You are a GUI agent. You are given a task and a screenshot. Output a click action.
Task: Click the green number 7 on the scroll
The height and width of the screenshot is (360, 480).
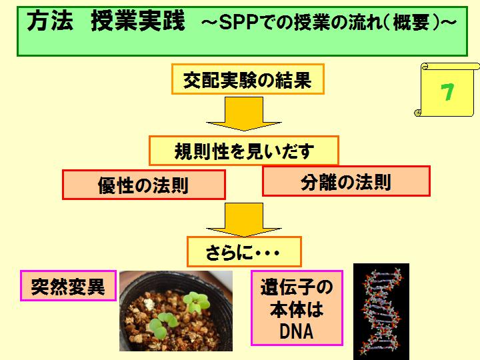(447, 92)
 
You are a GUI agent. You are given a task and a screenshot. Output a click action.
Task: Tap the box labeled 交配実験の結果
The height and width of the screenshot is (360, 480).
(247, 79)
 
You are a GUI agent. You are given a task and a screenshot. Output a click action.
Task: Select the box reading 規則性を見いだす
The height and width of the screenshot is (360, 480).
(244, 151)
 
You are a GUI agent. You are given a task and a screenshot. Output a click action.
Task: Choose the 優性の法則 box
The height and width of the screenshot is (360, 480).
(144, 185)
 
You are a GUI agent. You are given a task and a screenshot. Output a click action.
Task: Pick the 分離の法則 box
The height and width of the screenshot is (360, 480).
(346, 181)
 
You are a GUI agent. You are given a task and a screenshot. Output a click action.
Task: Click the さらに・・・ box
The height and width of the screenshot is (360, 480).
(244, 251)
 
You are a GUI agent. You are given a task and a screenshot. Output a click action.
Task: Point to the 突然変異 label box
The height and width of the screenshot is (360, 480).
(68, 285)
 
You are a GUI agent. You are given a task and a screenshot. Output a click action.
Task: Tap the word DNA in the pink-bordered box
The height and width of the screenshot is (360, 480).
(297, 331)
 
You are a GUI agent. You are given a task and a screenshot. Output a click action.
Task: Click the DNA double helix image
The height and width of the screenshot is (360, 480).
(381, 311)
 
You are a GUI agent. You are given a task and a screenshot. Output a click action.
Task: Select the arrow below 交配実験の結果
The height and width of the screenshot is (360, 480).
(244, 114)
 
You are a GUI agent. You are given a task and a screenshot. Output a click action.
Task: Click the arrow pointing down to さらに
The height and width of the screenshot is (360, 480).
(244, 220)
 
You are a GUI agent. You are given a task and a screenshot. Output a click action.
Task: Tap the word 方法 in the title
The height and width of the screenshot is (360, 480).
(50, 21)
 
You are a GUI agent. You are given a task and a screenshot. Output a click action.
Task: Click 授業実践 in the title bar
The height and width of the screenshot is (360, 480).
(138, 21)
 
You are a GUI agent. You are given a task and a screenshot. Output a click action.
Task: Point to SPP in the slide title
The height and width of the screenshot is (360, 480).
(240, 23)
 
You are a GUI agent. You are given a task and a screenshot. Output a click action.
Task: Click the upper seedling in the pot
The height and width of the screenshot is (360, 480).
(196, 301)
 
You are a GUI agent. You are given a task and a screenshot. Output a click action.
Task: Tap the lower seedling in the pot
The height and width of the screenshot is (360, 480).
(163, 325)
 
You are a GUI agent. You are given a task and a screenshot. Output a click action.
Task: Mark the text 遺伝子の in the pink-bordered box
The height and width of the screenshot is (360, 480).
(297, 287)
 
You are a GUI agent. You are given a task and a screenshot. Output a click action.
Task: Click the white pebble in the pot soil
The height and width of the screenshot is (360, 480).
(149, 304)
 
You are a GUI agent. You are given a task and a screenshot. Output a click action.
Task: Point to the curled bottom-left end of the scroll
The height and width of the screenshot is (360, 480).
(417, 113)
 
